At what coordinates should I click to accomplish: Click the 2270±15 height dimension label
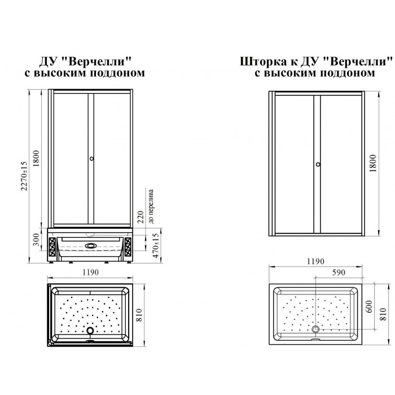[24, 176]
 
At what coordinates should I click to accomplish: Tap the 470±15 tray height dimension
[156, 246]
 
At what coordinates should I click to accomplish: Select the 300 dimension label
[36, 240]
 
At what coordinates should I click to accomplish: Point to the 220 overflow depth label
[141, 217]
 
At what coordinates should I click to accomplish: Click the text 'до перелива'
[151, 207]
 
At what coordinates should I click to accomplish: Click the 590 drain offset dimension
[339, 273]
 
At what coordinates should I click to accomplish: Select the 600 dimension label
[369, 306]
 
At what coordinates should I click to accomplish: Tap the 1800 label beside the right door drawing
[372, 163]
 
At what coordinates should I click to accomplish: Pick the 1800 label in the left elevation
[36, 158]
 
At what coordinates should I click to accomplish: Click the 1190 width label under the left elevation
[90, 273]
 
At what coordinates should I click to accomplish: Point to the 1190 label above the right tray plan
[315, 261]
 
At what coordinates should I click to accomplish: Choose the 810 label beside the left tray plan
[139, 315]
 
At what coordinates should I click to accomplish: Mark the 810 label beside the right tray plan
[383, 314]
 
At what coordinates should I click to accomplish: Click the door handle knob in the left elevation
[91, 159]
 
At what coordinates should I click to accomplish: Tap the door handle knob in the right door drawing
[318, 164]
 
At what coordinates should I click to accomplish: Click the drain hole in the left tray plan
[90, 330]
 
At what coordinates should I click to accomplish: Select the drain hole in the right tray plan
[315, 329]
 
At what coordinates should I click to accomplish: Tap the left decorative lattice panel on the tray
[52, 247]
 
